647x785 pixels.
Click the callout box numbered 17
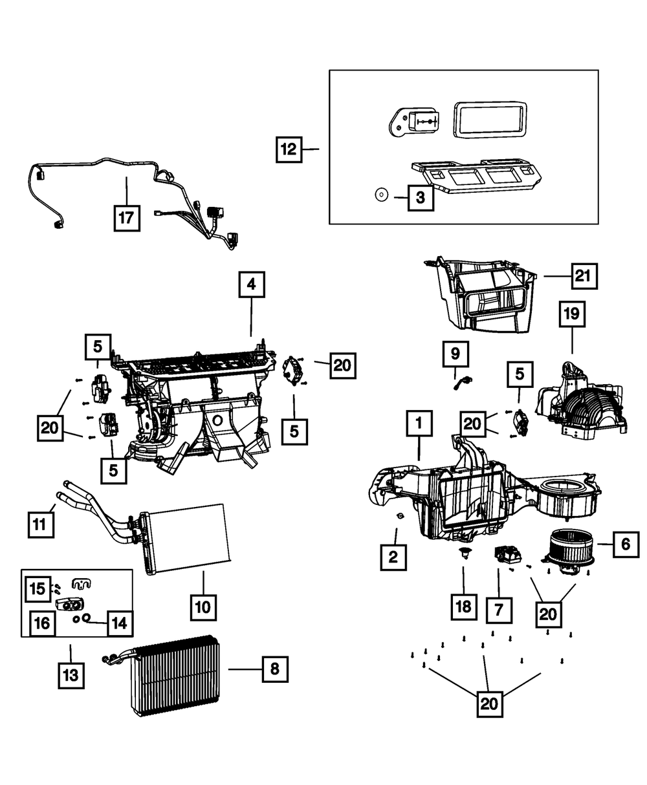126,218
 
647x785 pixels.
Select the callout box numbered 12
288,149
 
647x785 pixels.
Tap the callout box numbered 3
421,197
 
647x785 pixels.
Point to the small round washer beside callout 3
381,193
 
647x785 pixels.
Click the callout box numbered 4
251,284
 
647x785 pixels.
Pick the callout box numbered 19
571,315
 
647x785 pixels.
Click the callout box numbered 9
455,353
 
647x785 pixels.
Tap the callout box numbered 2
393,555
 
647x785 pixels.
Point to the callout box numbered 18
464,607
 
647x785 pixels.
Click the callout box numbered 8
274,669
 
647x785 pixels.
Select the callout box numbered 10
203,607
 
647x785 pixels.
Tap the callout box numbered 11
41,523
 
